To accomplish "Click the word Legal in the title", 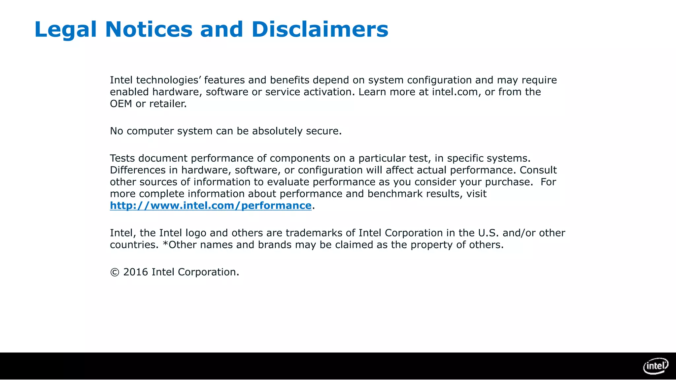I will [65, 30].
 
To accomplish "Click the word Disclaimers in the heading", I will [320, 30].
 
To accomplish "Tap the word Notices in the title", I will [149, 30].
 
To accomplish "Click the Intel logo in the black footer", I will [656, 366].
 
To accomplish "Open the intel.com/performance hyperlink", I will [211, 206].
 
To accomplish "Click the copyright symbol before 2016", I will [115, 272].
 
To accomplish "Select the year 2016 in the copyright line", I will [135, 272].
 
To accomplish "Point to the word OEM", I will [121, 104].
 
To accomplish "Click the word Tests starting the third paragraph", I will [122, 158].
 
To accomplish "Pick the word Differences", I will [138, 170].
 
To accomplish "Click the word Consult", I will [538, 170].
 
